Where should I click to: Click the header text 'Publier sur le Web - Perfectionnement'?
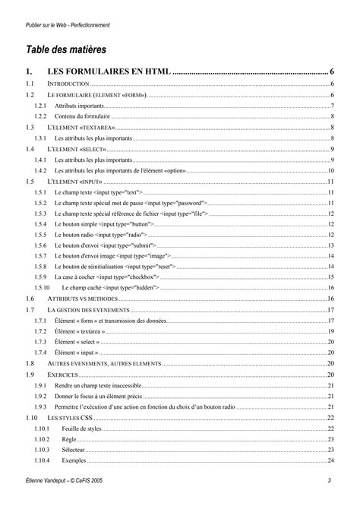tap(68, 25)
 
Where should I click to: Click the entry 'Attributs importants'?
tap(80, 106)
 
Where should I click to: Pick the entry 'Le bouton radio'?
tap(77, 236)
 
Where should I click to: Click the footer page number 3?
tap(330, 480)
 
